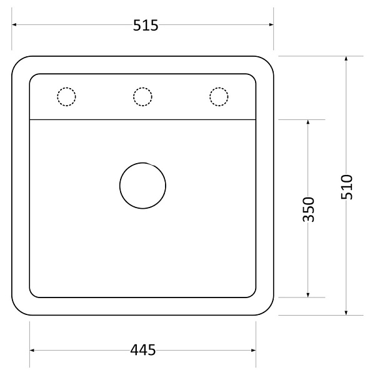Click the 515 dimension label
[146, 26]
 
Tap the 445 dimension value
[142, 350]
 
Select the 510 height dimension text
[347, 187]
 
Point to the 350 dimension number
[308, 209]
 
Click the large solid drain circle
[142, 162]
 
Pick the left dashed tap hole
[66, 87]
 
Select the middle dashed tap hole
[142, 87]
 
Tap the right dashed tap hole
[219, 87]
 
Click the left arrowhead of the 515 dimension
[14, 24]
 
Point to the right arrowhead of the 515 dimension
[271, 24]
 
